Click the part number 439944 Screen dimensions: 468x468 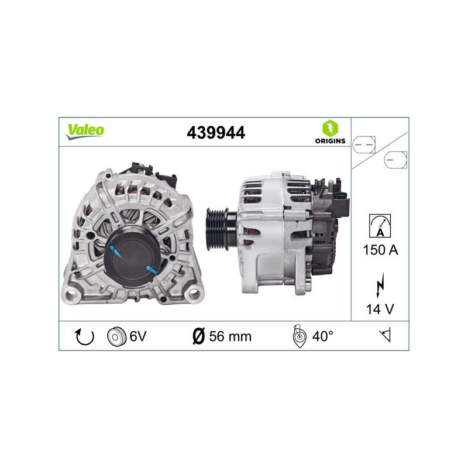pyautogui.click(x=216, y=133)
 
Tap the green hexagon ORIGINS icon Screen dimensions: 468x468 pyautogui.click(x=330, y=128)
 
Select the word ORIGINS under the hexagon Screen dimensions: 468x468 pyautogui.click(x=330, y=141)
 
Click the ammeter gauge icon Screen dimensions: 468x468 pyautogui.click(x=380, y=226)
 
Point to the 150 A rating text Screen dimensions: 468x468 pyautogui.click(x=381, y=250)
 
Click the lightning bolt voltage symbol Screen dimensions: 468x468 pyautogui.click(x=380, y=285)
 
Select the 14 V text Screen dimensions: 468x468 pyautogui.click(x=380, y=309)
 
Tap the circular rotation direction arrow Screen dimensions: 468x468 pyautogui.click(x=84, y=336)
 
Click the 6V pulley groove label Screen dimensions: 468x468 pyautogui.click(x=138, y=336)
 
